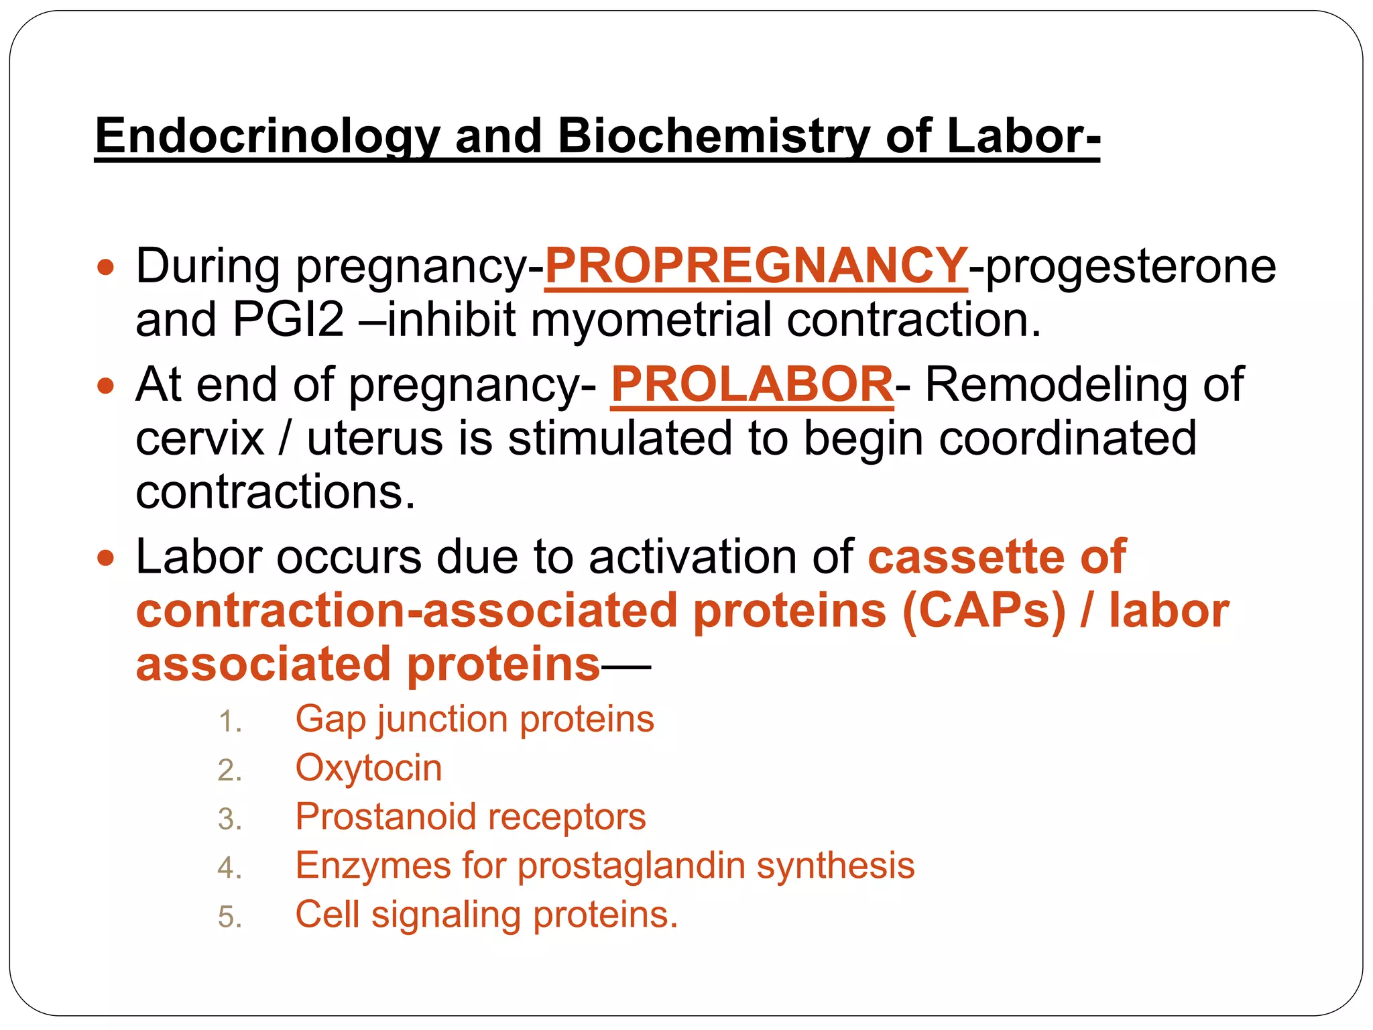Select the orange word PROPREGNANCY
pyautogui.click(x=756, y=266)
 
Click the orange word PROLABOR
pyautogui.click(x=752, y=385)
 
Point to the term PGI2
pyautogui.click(x=288, y=320)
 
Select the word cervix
pyautogui.click(x=200, y=439)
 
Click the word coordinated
pyautogui.click(x=1067, y=439)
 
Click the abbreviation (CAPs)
pyautogui.click(x=983, y=611)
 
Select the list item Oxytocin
pyautogui.click(x=369, y=768)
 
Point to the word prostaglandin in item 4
pyautogui.click(x=631, y=866)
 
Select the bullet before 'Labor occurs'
pyautogui.click(x=106, y=559)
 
